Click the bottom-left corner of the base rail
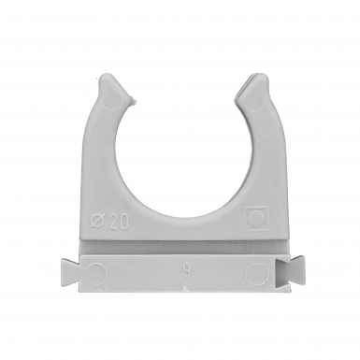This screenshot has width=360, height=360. [83, 293]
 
